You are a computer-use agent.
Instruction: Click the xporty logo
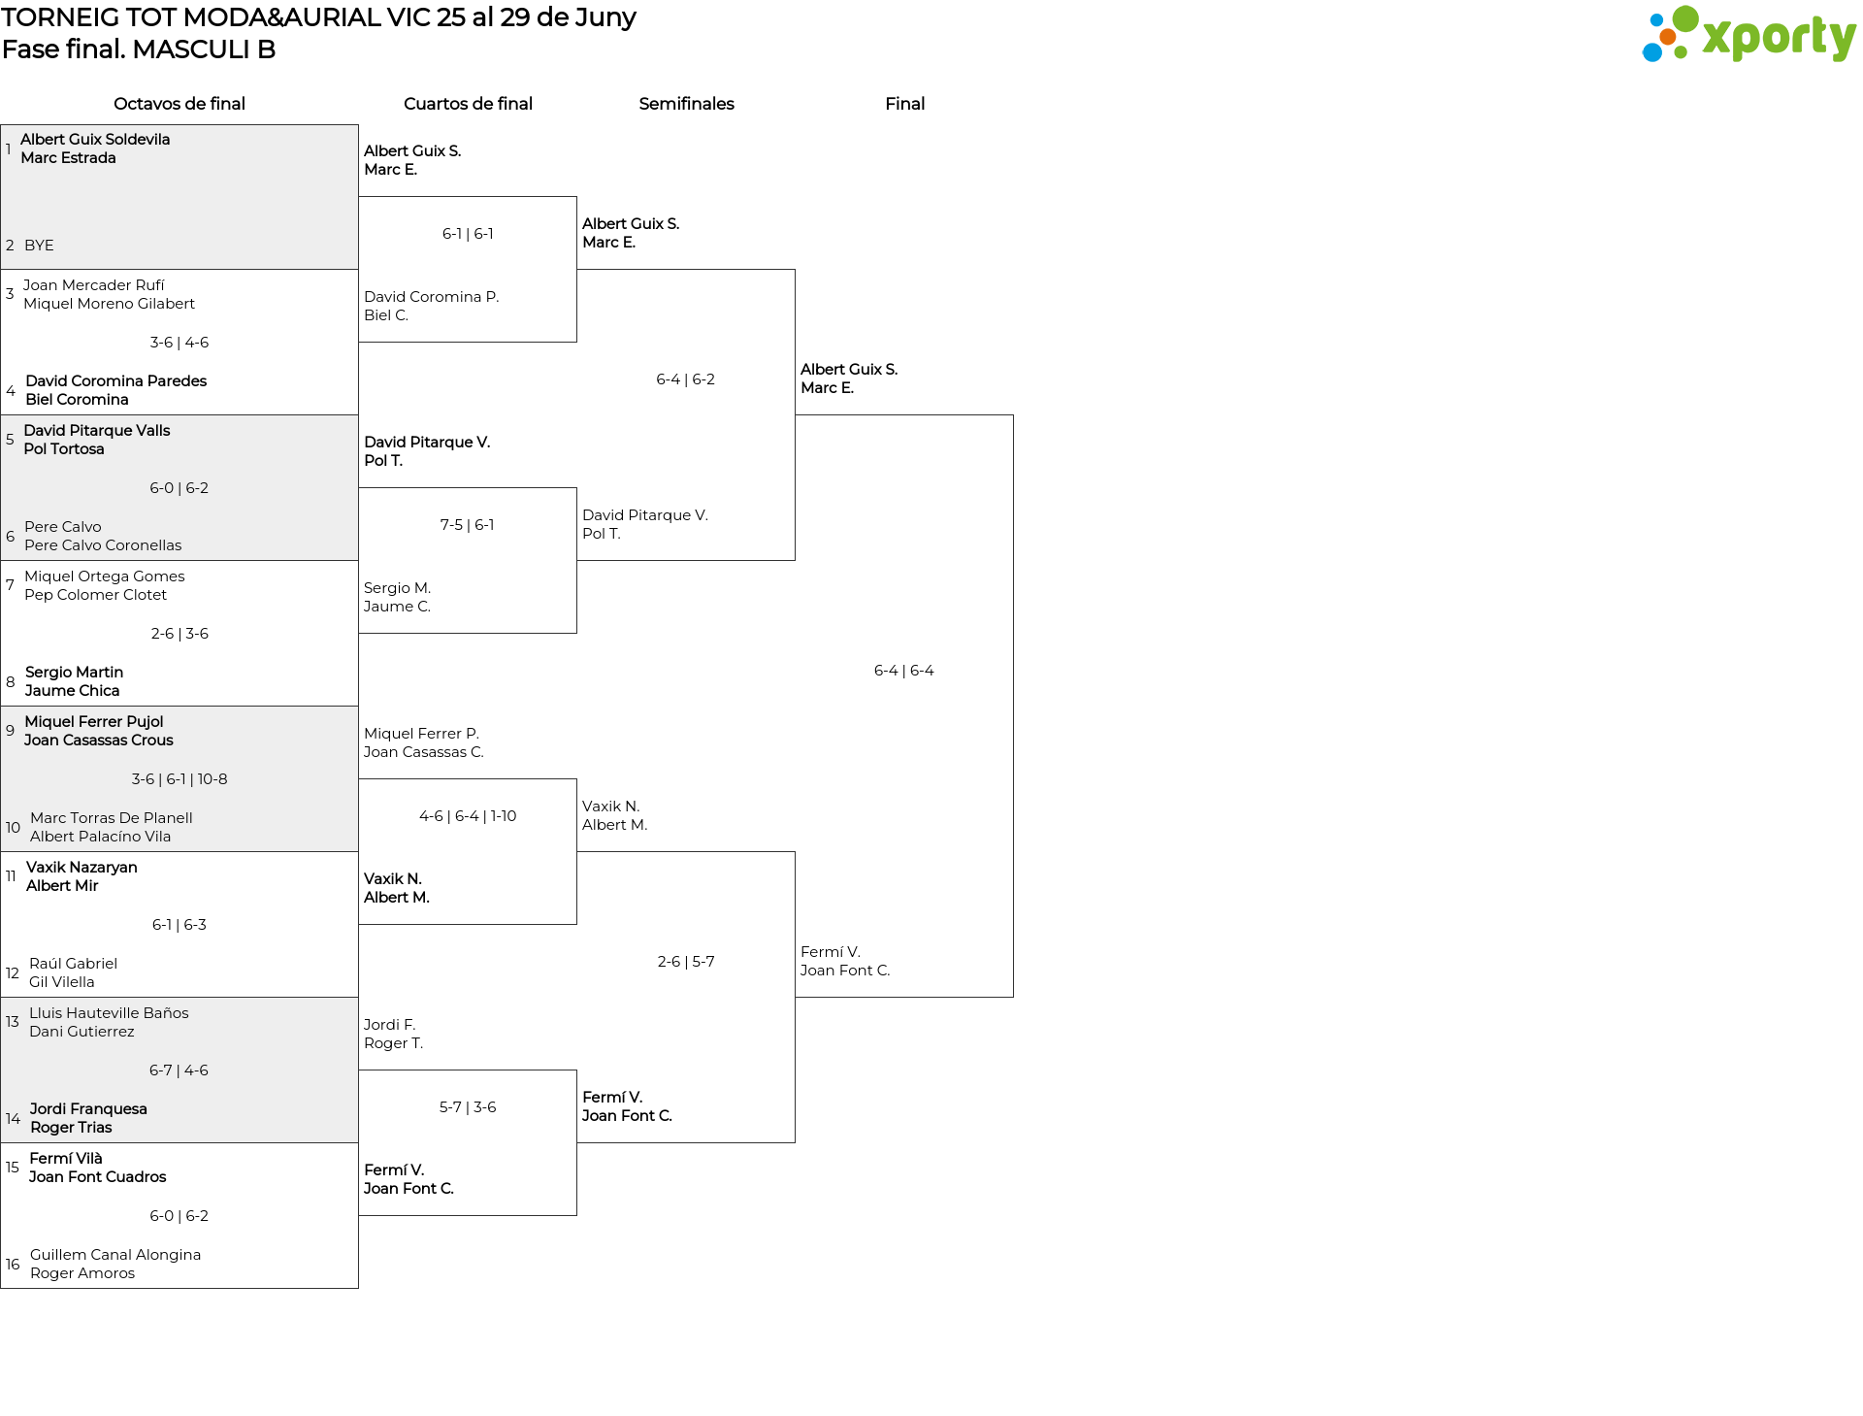point(1749,35)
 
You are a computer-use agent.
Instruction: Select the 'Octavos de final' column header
point(180,104)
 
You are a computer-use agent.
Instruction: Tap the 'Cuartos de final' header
point(468,104)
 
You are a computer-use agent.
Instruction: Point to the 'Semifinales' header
point(686,104)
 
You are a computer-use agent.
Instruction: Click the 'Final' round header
point(904,104)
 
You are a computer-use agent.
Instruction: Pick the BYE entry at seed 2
point(39,246)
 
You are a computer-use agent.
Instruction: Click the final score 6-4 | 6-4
point(904,671)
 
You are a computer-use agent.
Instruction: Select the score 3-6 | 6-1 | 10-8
point(180,779)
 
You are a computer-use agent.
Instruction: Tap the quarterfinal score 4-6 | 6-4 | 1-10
point(468,816)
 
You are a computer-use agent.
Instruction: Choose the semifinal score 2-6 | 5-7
point(686,962)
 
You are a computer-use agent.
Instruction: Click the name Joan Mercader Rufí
point(94,285)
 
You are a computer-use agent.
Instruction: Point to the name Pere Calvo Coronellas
point(103,545)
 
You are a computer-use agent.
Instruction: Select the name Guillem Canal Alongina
point(115,1255)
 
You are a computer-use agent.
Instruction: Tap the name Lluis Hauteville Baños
point(109,1013)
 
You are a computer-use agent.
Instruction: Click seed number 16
point(13,1265)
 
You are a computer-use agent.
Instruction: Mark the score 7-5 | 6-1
point(468,525)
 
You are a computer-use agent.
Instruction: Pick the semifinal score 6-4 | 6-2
point(686,379)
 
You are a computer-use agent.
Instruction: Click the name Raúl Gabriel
point(73,964)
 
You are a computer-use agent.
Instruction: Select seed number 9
point(10,731)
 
